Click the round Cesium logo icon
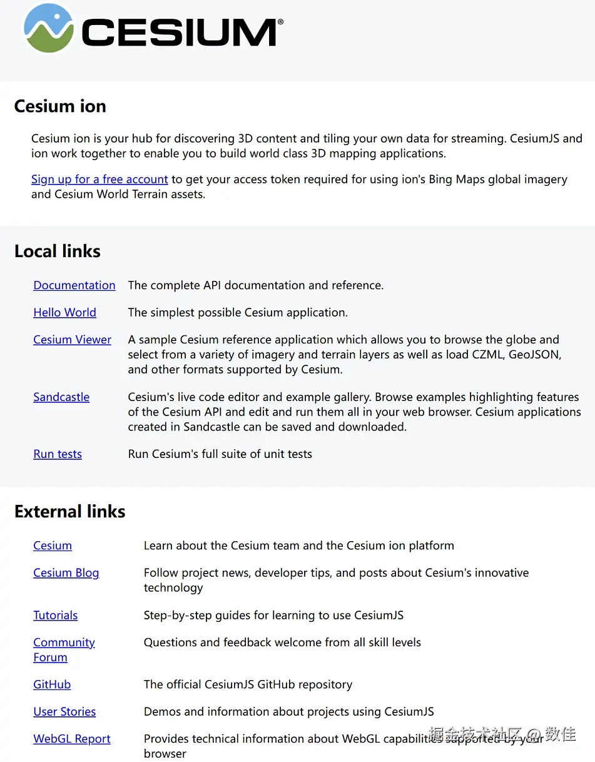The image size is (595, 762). [x=49, y=28]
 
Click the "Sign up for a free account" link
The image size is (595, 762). [x=99, y=180]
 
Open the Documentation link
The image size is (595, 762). [x=74, y=285]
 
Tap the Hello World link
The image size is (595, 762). [x=64, y=312]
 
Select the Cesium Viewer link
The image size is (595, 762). [x=72, y=340]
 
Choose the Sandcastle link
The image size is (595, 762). [x=61, y=397]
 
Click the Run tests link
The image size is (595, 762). [x=58, y=454]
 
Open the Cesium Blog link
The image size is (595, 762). [x=66, y=573]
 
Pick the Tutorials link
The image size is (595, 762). [x=55, y=616]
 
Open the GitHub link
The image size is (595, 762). [x=52, y=684]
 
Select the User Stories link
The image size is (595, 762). [x=64, y=712]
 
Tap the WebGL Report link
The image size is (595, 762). [x=72, y=739]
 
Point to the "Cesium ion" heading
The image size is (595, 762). [x=60, y=106]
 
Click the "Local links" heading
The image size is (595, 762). [x=58, y=251]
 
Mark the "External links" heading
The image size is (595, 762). [x=70, y=512]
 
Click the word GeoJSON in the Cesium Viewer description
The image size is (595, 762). [x=534, y=355]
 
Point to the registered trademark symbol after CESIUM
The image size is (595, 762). [x=280, y=22]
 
